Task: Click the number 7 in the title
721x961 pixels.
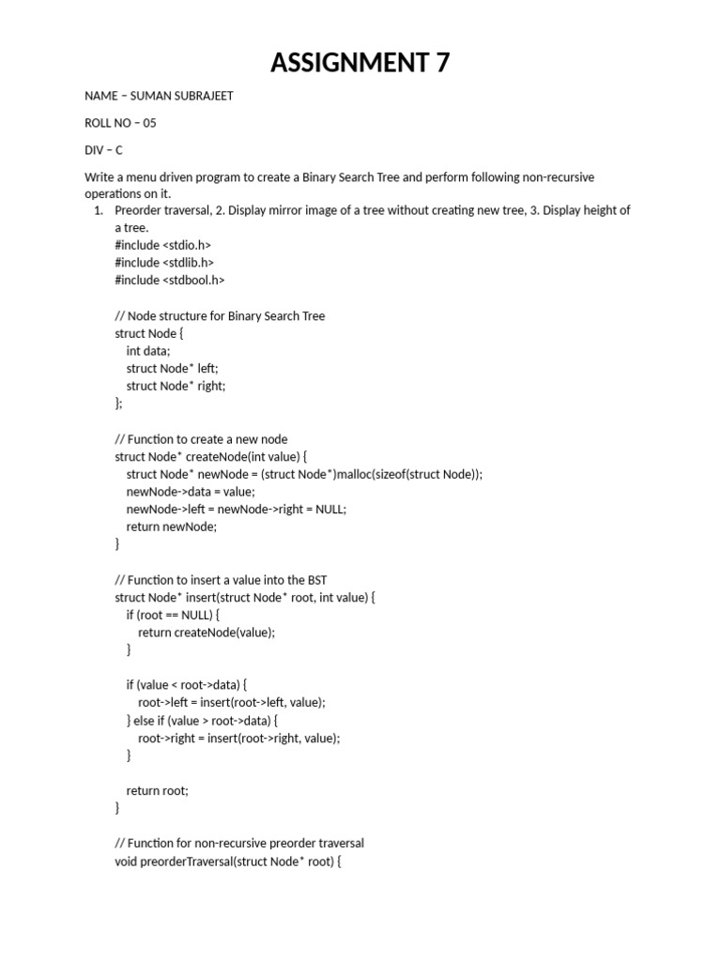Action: click(440, 63)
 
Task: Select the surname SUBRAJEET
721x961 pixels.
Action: click(200, 97)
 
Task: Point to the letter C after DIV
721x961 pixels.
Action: click(119, 150)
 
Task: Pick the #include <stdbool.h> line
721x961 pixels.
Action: click(170, 280)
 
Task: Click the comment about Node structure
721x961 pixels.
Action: click(220, 315)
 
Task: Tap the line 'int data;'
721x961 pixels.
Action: click(148, 351)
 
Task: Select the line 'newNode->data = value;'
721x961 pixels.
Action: click(191, 492)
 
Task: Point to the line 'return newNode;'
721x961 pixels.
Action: click(172, 526)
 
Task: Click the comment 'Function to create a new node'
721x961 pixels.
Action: click(201, 439)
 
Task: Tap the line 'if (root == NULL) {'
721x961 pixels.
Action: click(173, 615)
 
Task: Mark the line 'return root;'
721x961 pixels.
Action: click(158, 790)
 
